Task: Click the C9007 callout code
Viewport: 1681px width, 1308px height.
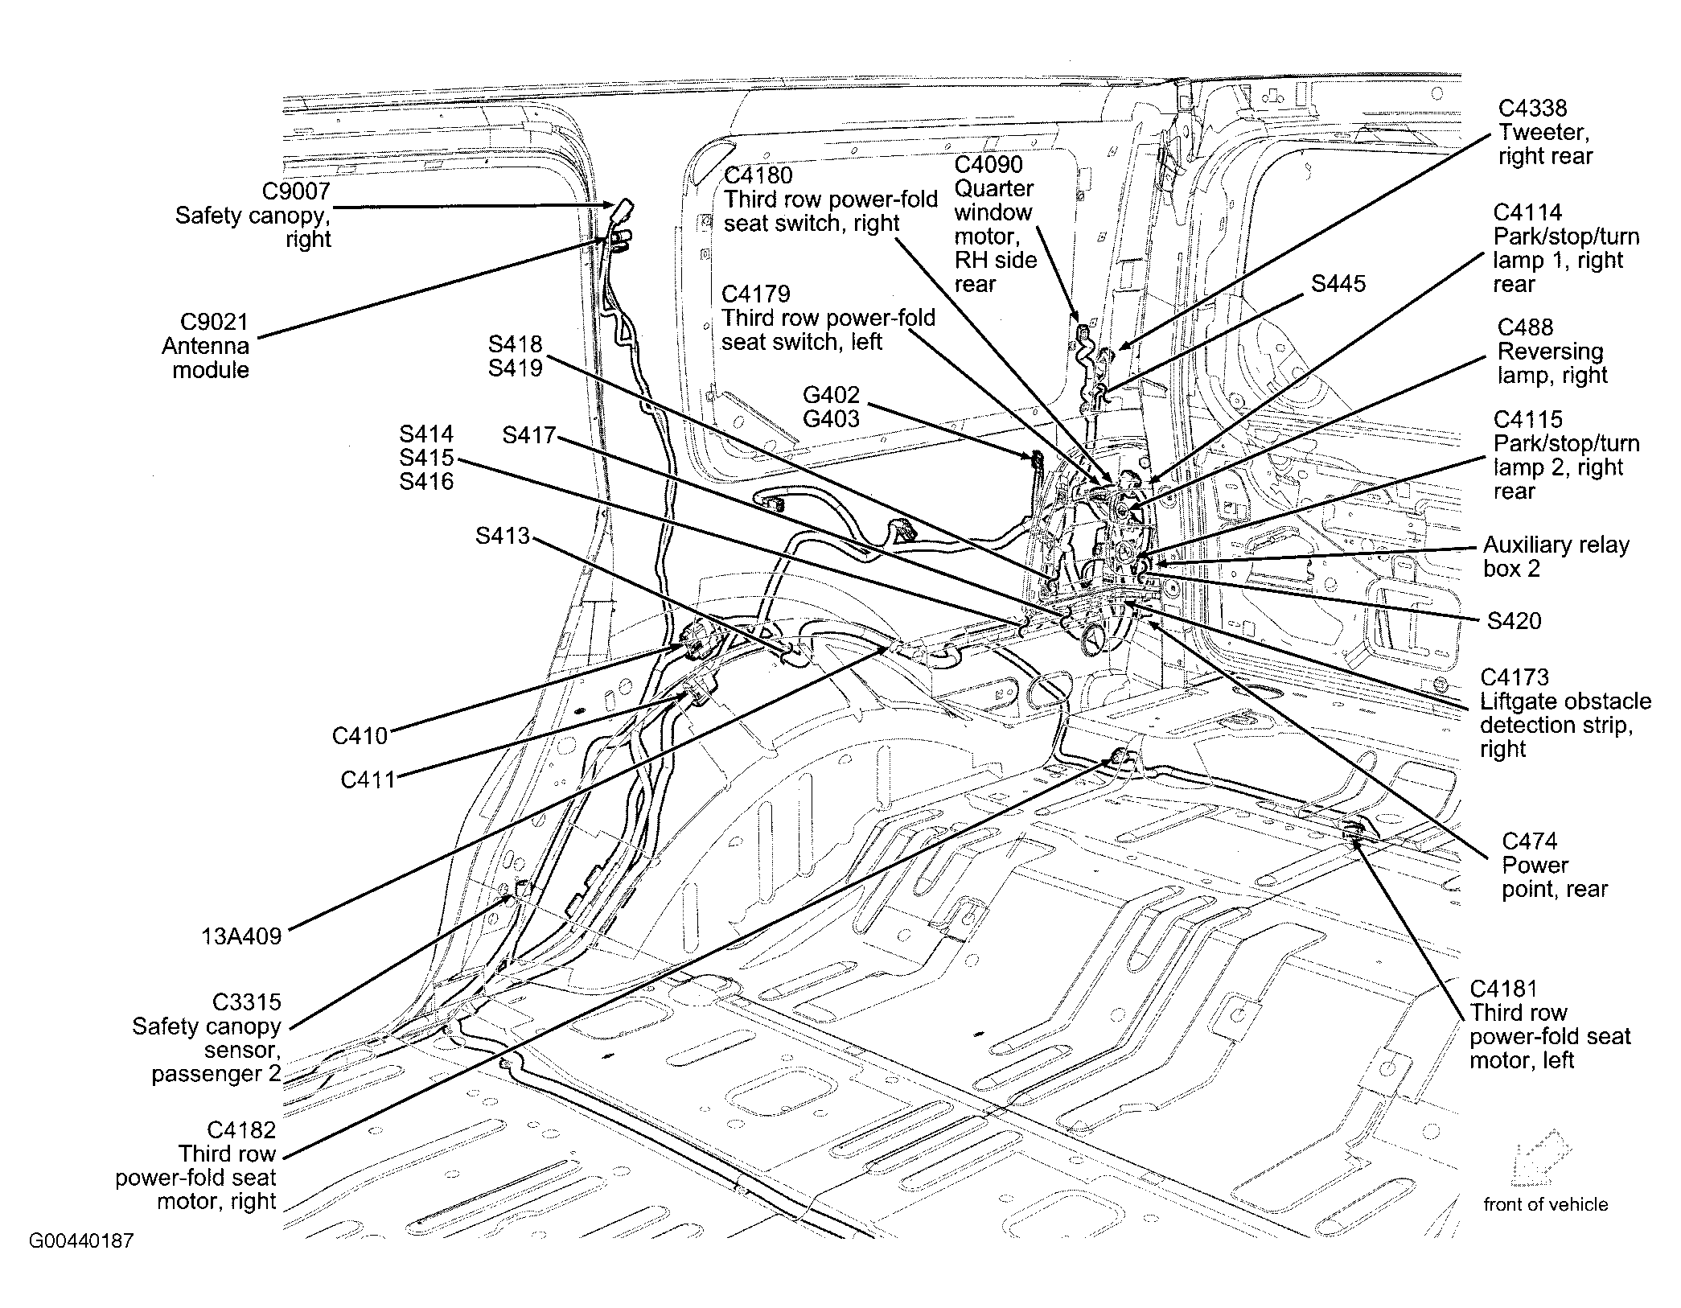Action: tap(296, 191)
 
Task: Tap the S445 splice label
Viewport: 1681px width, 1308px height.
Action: tap(1338, 284)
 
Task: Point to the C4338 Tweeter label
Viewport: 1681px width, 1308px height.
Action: tap(1543, 132)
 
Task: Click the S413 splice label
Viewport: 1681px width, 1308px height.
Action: tap(502, 536)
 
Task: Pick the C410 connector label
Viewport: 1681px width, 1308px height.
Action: tap(360, 736)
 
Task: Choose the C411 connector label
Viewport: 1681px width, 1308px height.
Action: tap(368, 779)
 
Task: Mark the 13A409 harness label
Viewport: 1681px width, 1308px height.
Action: tap(241, 936)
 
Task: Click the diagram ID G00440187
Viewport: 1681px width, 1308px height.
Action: tap(81, 1240)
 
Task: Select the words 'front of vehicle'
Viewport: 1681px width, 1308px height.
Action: tap(1545, 1204)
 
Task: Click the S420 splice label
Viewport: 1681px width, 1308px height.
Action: tap(1514, 621)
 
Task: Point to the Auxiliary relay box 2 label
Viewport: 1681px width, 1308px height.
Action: tap(1556, 557)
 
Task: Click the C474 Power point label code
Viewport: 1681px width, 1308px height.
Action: tap(1529, 841)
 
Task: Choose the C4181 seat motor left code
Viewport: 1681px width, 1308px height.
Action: tap(1503, 989)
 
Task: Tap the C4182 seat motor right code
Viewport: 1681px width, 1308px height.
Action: tap(241, 1130)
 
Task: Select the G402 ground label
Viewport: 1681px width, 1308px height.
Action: tap(831, 395)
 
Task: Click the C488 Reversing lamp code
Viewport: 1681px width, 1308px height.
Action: tap(1525, 327)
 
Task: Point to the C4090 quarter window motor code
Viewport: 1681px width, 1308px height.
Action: tap(988, 165)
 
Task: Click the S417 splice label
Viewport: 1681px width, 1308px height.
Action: tap(528, 435)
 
